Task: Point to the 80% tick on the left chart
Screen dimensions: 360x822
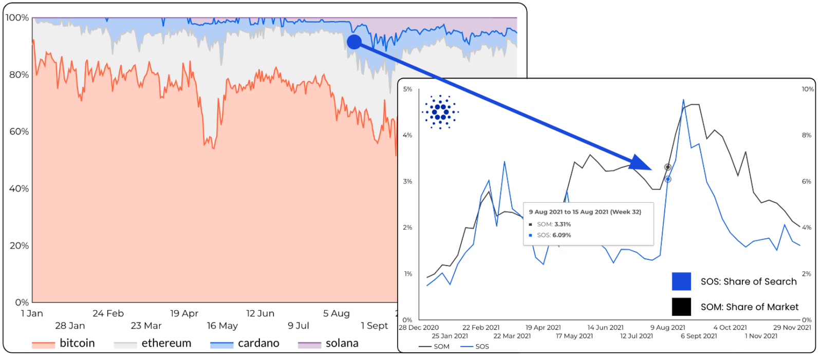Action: click(19, 75)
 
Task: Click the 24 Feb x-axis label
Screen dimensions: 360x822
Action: click(108, 313)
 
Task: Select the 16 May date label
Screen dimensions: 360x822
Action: click(222, 326)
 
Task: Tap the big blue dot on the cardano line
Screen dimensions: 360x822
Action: click(354, 42)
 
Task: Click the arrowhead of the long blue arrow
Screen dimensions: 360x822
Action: click(642, 163)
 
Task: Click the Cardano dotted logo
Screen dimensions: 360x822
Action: click(440, 111)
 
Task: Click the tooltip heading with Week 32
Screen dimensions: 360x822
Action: click(585, 212)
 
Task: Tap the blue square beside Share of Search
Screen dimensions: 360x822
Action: click(681, 281)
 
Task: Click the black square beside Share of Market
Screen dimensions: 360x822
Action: click(681, 307)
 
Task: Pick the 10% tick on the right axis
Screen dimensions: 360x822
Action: click(807, 89)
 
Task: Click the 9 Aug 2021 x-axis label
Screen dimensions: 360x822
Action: click(667, 328)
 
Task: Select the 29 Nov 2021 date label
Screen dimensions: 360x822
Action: click(792, 328)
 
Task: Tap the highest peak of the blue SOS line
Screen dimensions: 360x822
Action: click(683, 100)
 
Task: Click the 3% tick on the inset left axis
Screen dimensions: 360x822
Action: click(407, 181)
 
